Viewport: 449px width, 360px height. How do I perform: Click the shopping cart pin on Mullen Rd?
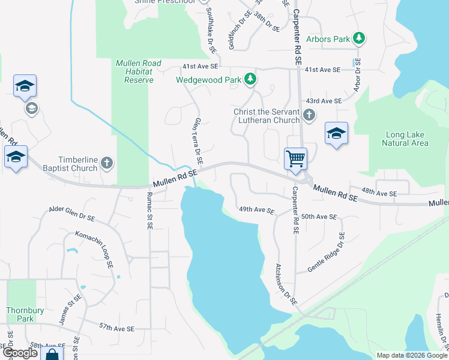295,159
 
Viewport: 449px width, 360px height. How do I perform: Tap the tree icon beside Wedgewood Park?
250,79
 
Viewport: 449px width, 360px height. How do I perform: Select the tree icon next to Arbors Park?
359,39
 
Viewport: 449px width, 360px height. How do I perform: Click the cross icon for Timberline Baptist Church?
106,163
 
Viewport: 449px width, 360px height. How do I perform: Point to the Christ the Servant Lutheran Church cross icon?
309,115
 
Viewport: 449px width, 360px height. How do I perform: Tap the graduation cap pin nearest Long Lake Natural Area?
336,134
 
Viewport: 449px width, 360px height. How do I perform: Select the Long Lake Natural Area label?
405,139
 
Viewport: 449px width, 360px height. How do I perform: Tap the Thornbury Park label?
20,314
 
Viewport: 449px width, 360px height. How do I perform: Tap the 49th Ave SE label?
256,211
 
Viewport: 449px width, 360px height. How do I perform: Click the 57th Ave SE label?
117,328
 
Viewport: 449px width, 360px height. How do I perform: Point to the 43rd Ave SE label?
324,101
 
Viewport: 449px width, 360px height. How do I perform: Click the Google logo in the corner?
20,353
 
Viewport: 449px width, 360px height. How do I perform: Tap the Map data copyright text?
411,355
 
